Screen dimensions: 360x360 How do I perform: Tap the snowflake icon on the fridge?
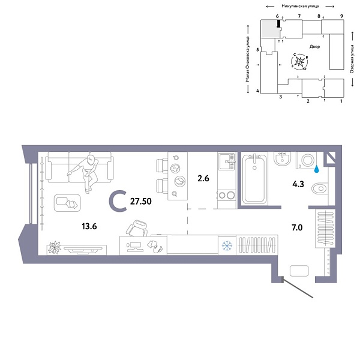pos(227,245)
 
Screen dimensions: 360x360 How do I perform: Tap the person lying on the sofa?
pos(88,172)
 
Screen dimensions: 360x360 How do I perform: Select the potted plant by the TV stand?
pos(55,246)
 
